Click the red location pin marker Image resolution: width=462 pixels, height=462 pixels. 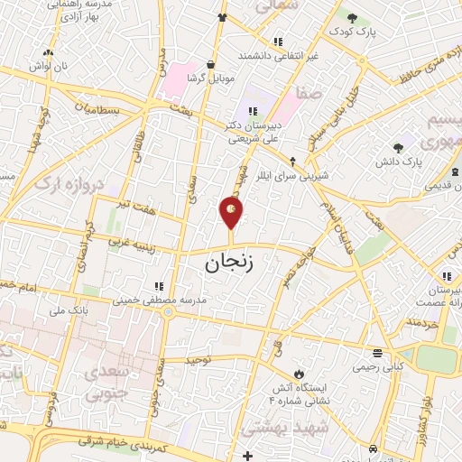pos(232,212)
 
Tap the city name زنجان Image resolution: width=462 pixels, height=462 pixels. pos(225,263)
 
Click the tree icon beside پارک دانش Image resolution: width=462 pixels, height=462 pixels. pos(398,147)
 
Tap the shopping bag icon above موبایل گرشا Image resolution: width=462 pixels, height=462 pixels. pos(211,65)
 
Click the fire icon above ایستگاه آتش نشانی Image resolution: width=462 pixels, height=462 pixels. pos(297,373)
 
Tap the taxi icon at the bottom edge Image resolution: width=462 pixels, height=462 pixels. pos(372,448)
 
